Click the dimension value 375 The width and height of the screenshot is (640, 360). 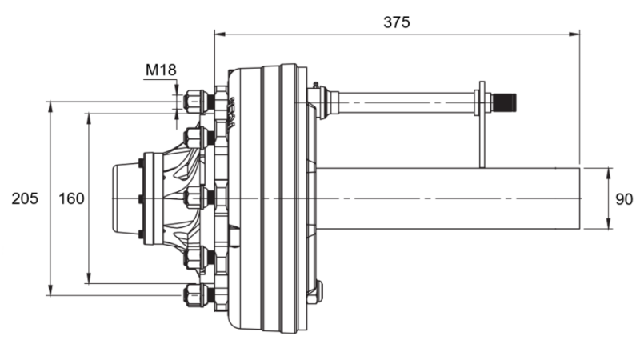pyautogui.click(x=396, y=22)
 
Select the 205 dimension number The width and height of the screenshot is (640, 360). pyautogui.click(x=25, y=198)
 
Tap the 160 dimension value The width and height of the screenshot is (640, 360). pyautogui.click(x=71, y=198)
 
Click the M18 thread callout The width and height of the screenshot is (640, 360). pyautogui.click(x=160, y=70)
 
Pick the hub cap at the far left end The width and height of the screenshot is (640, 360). pyautogui.click(x=125, y=198)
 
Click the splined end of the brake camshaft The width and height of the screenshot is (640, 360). pyautogui.click(x=506, y=102)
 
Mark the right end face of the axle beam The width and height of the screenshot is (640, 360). pyautogui.click(x=579, y=198)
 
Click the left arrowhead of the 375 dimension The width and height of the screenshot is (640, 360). pyautogui.click(x=218, y=34)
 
